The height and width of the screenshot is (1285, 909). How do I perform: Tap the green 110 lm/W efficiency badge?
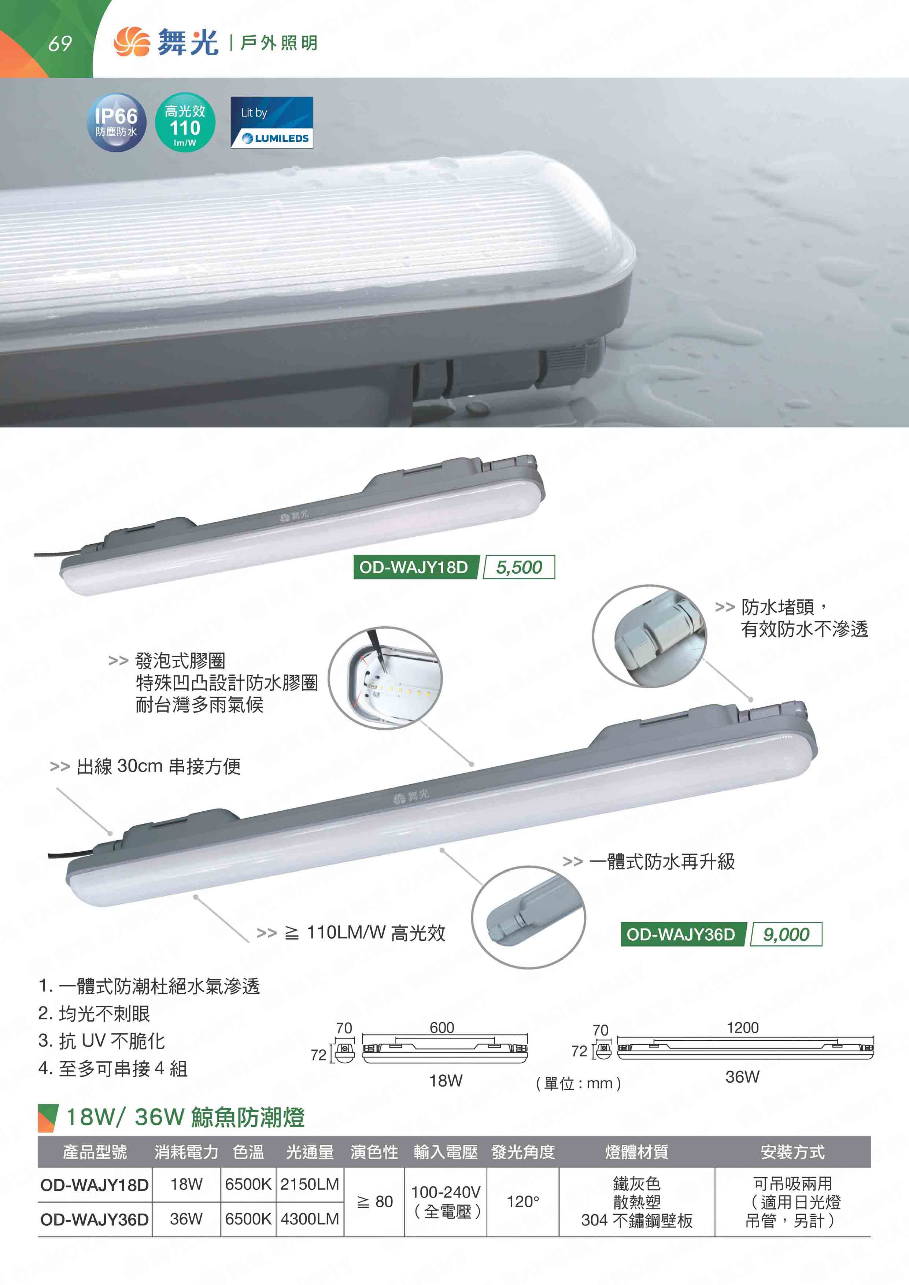[185, 122]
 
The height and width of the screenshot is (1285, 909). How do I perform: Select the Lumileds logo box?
[271, 123]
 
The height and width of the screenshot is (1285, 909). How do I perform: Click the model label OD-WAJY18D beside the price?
[414, 567]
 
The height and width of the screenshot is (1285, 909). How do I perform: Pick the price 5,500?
[519, 567]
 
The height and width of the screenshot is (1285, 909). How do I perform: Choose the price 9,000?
[786, 934]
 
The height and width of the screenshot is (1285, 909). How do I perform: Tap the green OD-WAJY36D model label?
[681, 934]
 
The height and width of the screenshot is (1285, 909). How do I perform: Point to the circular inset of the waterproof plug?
[649, 636]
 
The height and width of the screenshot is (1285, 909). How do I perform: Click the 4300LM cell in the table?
[310, 1219]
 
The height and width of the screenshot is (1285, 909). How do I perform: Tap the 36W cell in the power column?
[186, 1219]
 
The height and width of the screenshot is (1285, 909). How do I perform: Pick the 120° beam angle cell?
[523, 1201]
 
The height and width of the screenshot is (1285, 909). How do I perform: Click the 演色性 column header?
[374, 1152]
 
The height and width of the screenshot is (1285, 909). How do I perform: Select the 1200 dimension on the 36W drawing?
[743, 1027]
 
